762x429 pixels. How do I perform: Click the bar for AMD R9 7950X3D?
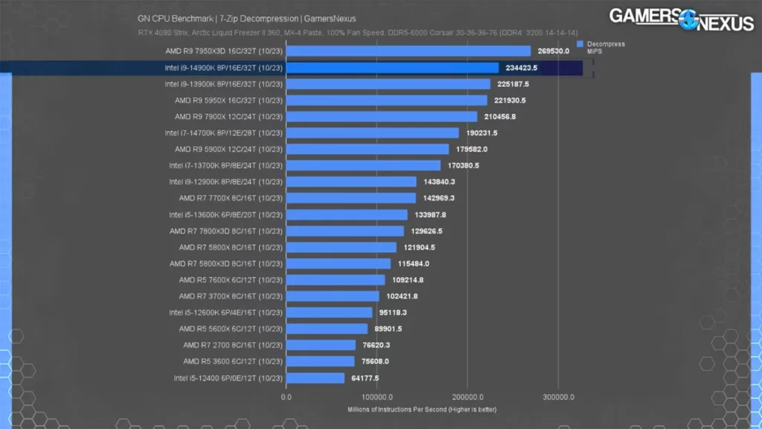(408, 51)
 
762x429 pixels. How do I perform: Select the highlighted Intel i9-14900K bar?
(392, 68)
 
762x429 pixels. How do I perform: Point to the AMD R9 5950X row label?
(228, 101)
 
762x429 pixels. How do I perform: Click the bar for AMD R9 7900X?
(381, 117)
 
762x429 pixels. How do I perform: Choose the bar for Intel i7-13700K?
(363, 165)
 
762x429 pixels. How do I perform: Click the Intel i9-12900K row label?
(225, 182)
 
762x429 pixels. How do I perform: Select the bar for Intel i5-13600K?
(347, 214)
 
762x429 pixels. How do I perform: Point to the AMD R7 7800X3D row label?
(225, 231)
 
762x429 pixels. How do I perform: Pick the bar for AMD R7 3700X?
(333, 296)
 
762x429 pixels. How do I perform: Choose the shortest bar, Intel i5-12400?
(316, 378)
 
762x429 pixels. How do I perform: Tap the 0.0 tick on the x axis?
(286, 397)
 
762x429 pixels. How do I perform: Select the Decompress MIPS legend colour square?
(580, 44)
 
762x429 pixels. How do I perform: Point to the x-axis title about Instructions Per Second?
(422, 410)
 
